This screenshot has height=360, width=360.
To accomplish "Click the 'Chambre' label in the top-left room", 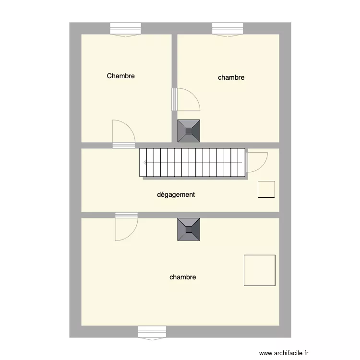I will tap(120, 76).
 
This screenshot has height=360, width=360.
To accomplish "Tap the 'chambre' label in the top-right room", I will tap(231, 77).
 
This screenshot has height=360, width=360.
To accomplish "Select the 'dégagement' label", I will tap(176, 194).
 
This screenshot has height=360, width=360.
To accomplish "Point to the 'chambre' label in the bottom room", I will tap(182, 277).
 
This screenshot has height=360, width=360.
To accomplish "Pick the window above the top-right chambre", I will tap(228, 29).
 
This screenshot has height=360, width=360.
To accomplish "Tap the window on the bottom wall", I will tap(152, 332).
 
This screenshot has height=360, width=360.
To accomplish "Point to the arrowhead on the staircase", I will tap(145, 162).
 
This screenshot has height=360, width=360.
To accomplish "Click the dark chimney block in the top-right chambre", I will tap(189, 131).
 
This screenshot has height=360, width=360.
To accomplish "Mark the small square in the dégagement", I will tap(266, 189).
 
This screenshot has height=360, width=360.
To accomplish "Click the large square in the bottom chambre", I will tap(260, 270).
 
